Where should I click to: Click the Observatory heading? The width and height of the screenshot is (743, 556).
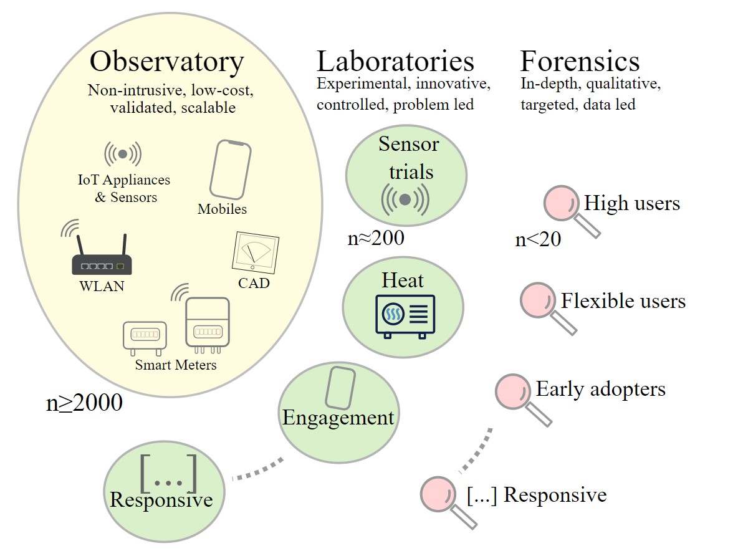[x=166, y=62]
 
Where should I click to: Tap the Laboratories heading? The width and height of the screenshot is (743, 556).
[x=395, y=62]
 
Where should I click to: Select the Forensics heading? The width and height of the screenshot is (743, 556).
[x=580, y=62]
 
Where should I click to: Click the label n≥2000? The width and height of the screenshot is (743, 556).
[x=84, y=403]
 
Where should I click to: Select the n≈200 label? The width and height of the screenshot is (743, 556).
[x=376, y=237]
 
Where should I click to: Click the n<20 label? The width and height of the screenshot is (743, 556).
[x=538, y=240]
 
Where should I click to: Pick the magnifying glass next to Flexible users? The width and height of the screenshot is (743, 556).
[x=540, y=302]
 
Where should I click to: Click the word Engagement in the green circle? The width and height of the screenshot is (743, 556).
[x=338, y=417]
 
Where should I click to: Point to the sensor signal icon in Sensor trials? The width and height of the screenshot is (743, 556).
[x=405, y=199]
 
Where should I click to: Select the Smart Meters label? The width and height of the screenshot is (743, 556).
[x=176, y=365]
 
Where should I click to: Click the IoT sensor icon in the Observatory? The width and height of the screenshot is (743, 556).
[x=123, y=153]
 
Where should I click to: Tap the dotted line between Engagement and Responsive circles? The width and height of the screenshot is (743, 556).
[x=257, y=471]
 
